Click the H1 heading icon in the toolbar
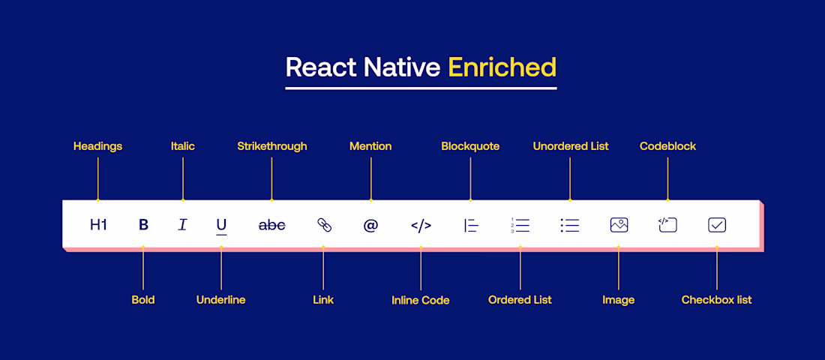98,225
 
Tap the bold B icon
144,225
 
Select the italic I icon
182,225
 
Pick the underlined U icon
221,226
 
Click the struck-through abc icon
272,225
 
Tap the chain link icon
324,225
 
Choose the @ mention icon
371,225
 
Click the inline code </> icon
421,226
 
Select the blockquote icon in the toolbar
471,226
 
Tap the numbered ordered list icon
520,225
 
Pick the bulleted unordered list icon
570,225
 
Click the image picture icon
619,225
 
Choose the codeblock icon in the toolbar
667,225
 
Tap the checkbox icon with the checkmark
717,225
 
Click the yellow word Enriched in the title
502,67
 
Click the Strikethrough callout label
272,146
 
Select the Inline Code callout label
421,301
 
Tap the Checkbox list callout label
716,300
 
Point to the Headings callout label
97,146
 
